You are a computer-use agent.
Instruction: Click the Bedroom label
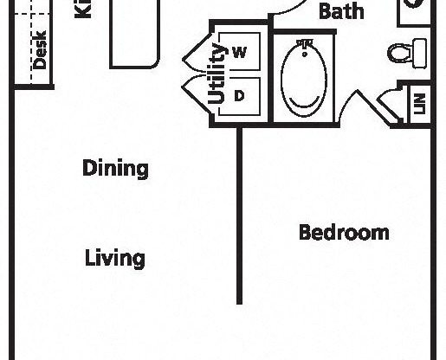pyautogui.click(x=343, y=232)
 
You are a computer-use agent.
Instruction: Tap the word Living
pyautogui.click(x=114, y=258)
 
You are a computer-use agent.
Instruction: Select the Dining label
pyautogui.click(x=115, y=168)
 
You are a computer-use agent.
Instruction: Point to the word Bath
pyautogui.click(x=340, y=12)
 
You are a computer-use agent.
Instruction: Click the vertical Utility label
pyautogui.click(x=217, y=74)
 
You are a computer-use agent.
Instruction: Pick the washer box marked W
pyautogui.click(x=240, y=53)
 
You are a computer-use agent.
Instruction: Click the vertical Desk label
pyautogui.click(x=40, y=50)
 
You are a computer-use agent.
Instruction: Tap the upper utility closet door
pyautogui.click(x=194, y=54)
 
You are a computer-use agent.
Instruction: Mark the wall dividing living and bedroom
pyautogui.click(x=240, y=216)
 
